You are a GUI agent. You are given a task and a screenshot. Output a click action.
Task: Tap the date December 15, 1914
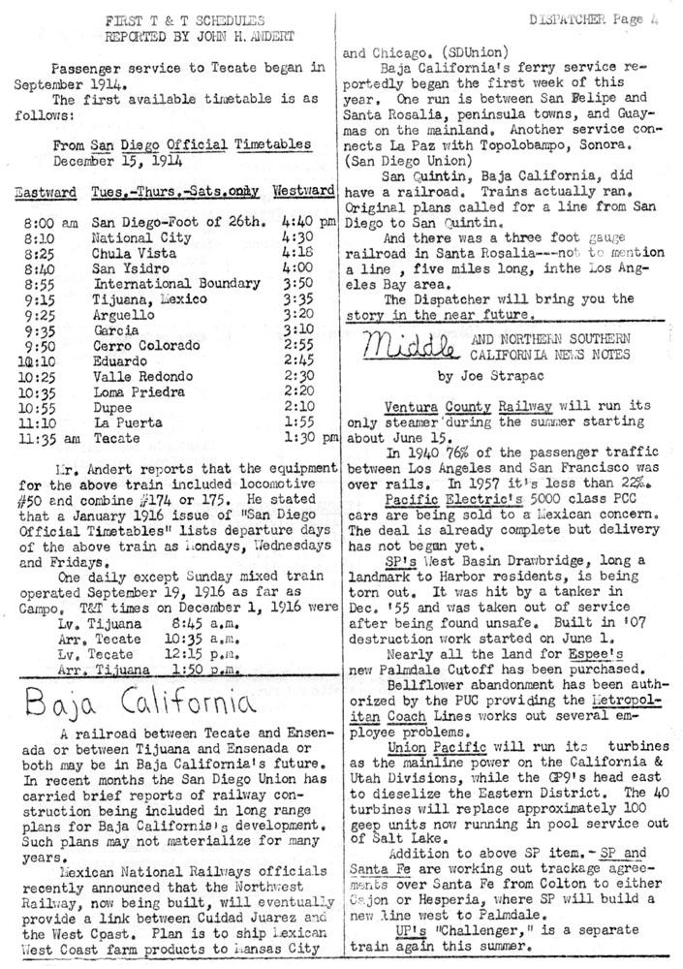(x=113, y=161)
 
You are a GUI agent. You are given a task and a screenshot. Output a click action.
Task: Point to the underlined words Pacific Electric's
(x=439, y=501)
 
